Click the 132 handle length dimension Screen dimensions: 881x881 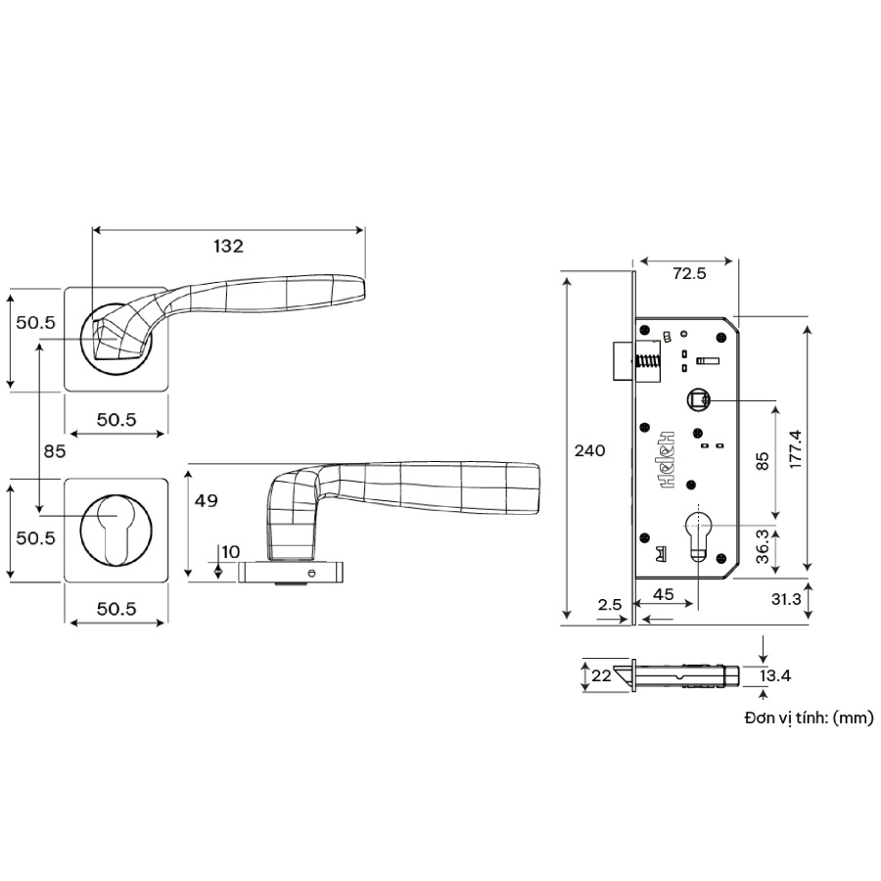(228, 247)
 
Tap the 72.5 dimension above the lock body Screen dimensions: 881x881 (689, 274)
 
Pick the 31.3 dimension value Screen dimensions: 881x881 (786, 598)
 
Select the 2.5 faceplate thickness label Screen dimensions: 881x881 (610, 604)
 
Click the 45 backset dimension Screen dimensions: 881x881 (663, 593)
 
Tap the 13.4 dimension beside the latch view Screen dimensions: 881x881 (773, 674)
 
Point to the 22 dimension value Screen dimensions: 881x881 (601, 675)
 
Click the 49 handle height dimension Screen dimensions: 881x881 (207, 501)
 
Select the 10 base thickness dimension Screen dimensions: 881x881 (230, 552)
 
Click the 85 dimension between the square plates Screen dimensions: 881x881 (54, 451)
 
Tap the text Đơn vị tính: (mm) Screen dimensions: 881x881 (808, 718)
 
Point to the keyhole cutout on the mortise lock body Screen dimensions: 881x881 (699, 533)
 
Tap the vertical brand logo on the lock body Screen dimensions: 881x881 (670, 460)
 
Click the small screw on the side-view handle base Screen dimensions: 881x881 (310, 573)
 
